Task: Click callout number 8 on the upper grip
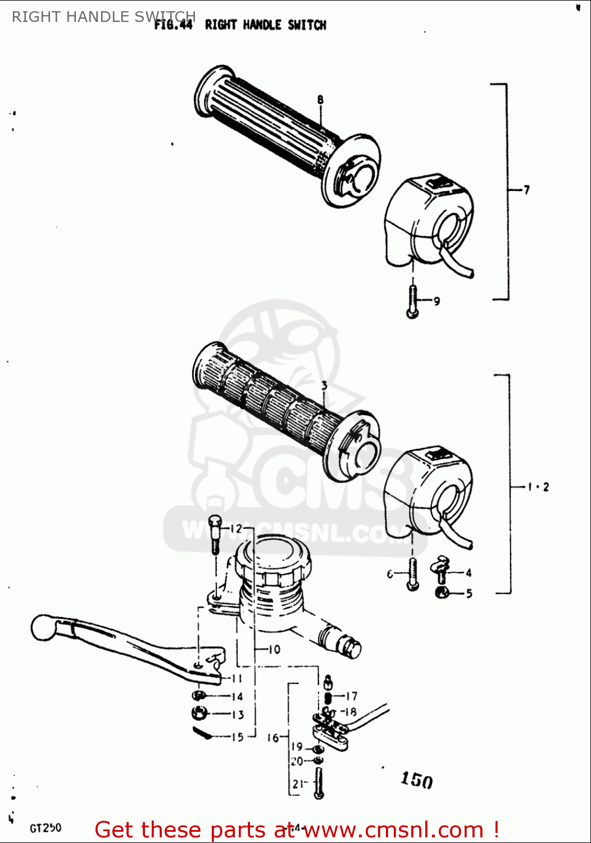[320, 100]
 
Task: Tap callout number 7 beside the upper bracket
[526, 190]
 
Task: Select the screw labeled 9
[413, 302]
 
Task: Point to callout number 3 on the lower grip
[324, 386]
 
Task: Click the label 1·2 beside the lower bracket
[538, 487]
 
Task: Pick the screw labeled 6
[413, 574]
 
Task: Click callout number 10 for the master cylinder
[273, 650]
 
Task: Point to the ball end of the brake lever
[42, 628]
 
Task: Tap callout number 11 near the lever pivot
[237, 678]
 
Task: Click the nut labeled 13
[199, 714]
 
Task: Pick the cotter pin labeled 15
[203, 733]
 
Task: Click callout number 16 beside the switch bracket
[273, 738]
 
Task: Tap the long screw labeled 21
[319, 782]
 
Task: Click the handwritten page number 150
[416, 779]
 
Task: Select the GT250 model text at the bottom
[46, 828]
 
